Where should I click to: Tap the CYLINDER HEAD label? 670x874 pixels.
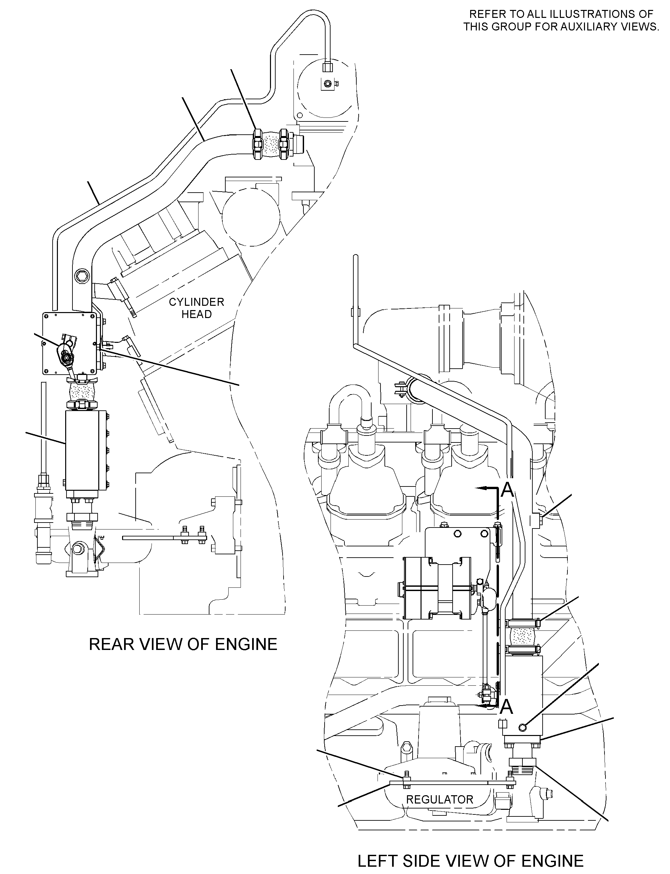coord(197,308)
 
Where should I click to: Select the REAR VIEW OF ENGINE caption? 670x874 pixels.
coord(183,644)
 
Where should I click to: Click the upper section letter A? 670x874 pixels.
coord(507,490)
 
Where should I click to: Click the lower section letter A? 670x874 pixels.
coord(507,707)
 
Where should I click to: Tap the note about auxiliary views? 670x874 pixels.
coord(561,20)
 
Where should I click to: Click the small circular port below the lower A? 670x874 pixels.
coord(523,728)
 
